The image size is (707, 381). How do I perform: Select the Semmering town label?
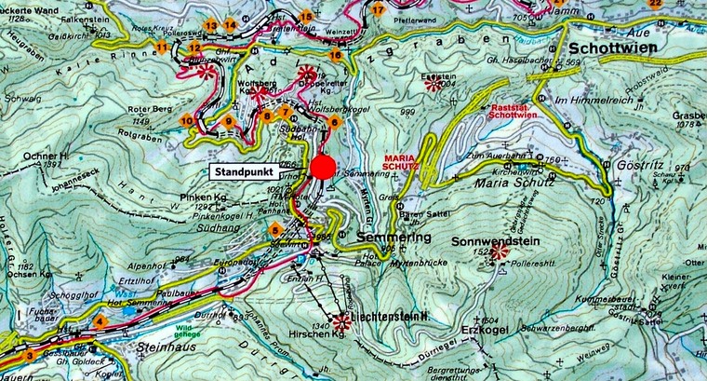394,238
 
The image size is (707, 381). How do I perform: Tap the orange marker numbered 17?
378,8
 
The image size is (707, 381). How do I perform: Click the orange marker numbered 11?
163,47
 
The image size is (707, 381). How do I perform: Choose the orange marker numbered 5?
274,229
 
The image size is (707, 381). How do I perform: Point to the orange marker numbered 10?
188,120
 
